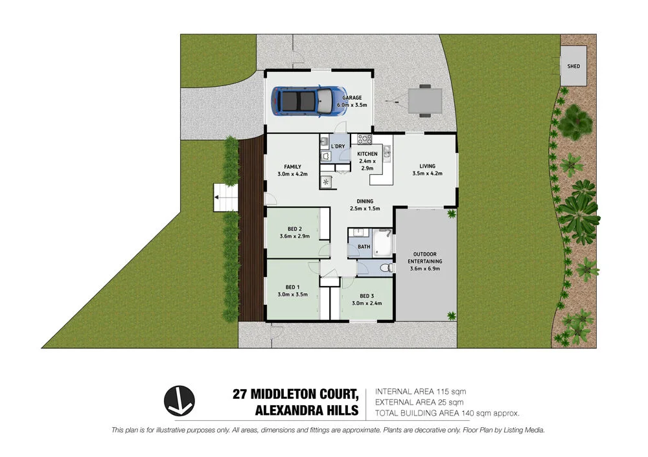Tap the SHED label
pos(573,66)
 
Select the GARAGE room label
pos(352,98)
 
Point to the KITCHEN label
pos(367,154)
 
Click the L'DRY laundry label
pos(338,147)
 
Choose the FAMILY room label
pos(288,166)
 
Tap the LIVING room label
pos(426,166)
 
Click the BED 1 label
pos(292,287)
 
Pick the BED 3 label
pos(367,295)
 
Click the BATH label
pos(364,247)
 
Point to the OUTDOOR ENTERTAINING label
pos(425,257)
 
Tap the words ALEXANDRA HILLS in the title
pos(307,410)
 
